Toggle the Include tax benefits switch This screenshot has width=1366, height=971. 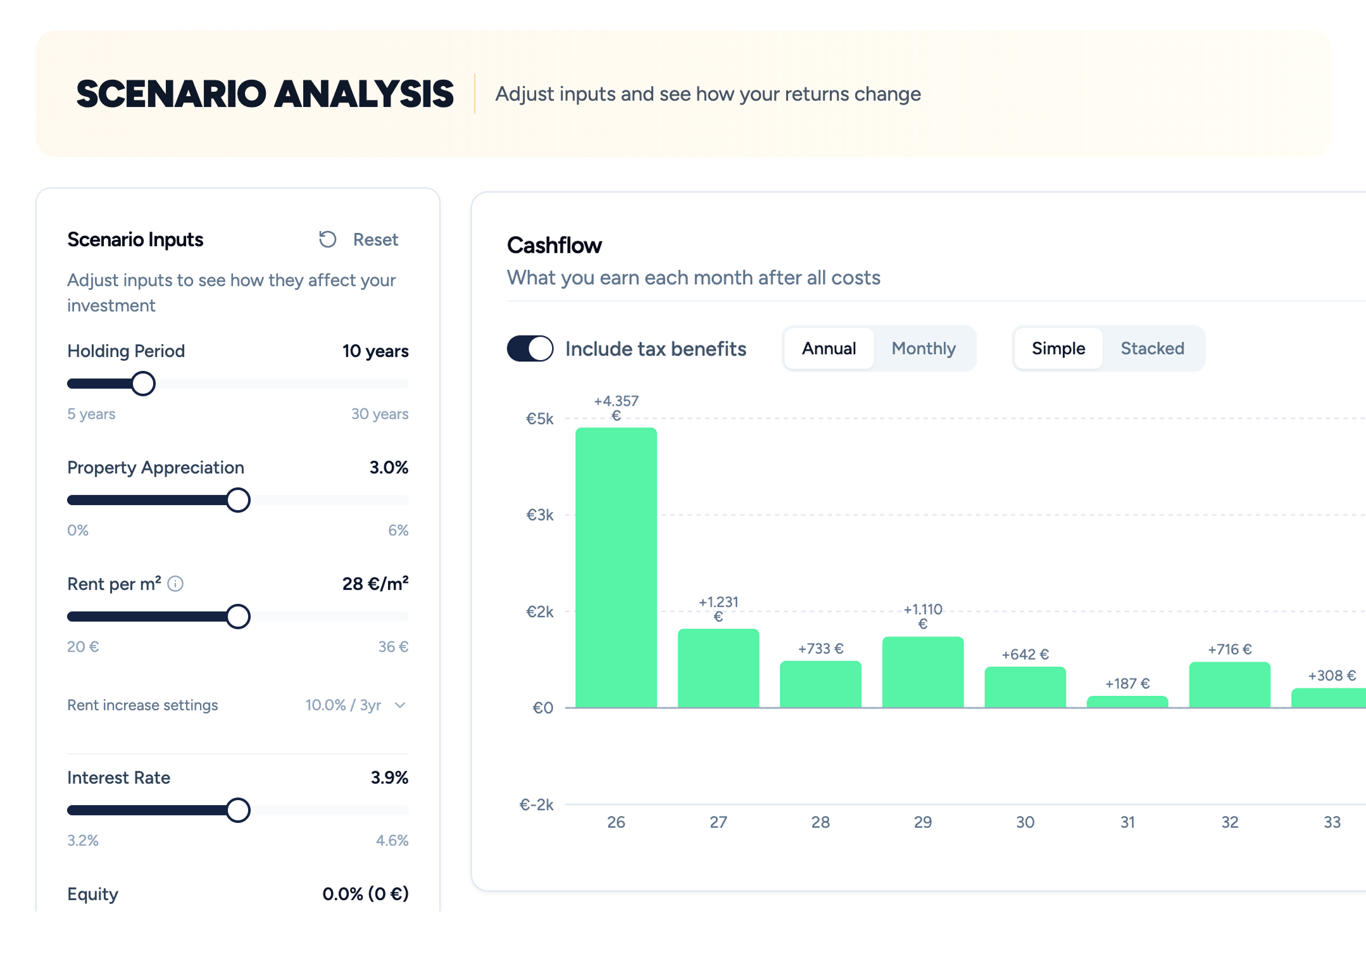(530, 349)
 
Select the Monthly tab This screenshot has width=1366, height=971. (923, 349)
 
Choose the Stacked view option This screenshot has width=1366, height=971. (1151, 349)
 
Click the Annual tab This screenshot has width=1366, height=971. (829, 349)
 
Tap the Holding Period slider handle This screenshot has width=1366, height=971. (143, 384)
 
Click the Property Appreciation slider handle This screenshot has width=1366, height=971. (238, 500)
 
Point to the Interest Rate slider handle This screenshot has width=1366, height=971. (238, 810)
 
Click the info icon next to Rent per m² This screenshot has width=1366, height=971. (175, 584)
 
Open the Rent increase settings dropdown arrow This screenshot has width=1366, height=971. (400, 705)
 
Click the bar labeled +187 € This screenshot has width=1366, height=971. (1127, 701)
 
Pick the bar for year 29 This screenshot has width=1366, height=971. (922, 672)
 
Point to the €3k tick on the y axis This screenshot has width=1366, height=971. (539, 515)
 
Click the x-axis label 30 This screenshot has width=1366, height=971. (1025, 822)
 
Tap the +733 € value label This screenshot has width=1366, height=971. (820, 649)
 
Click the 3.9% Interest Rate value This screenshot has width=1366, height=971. (389, 778)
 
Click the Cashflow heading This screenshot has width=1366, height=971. (554, 246)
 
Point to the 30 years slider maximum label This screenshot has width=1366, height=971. (380, 414)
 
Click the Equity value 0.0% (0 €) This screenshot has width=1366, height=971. (365, 894)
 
